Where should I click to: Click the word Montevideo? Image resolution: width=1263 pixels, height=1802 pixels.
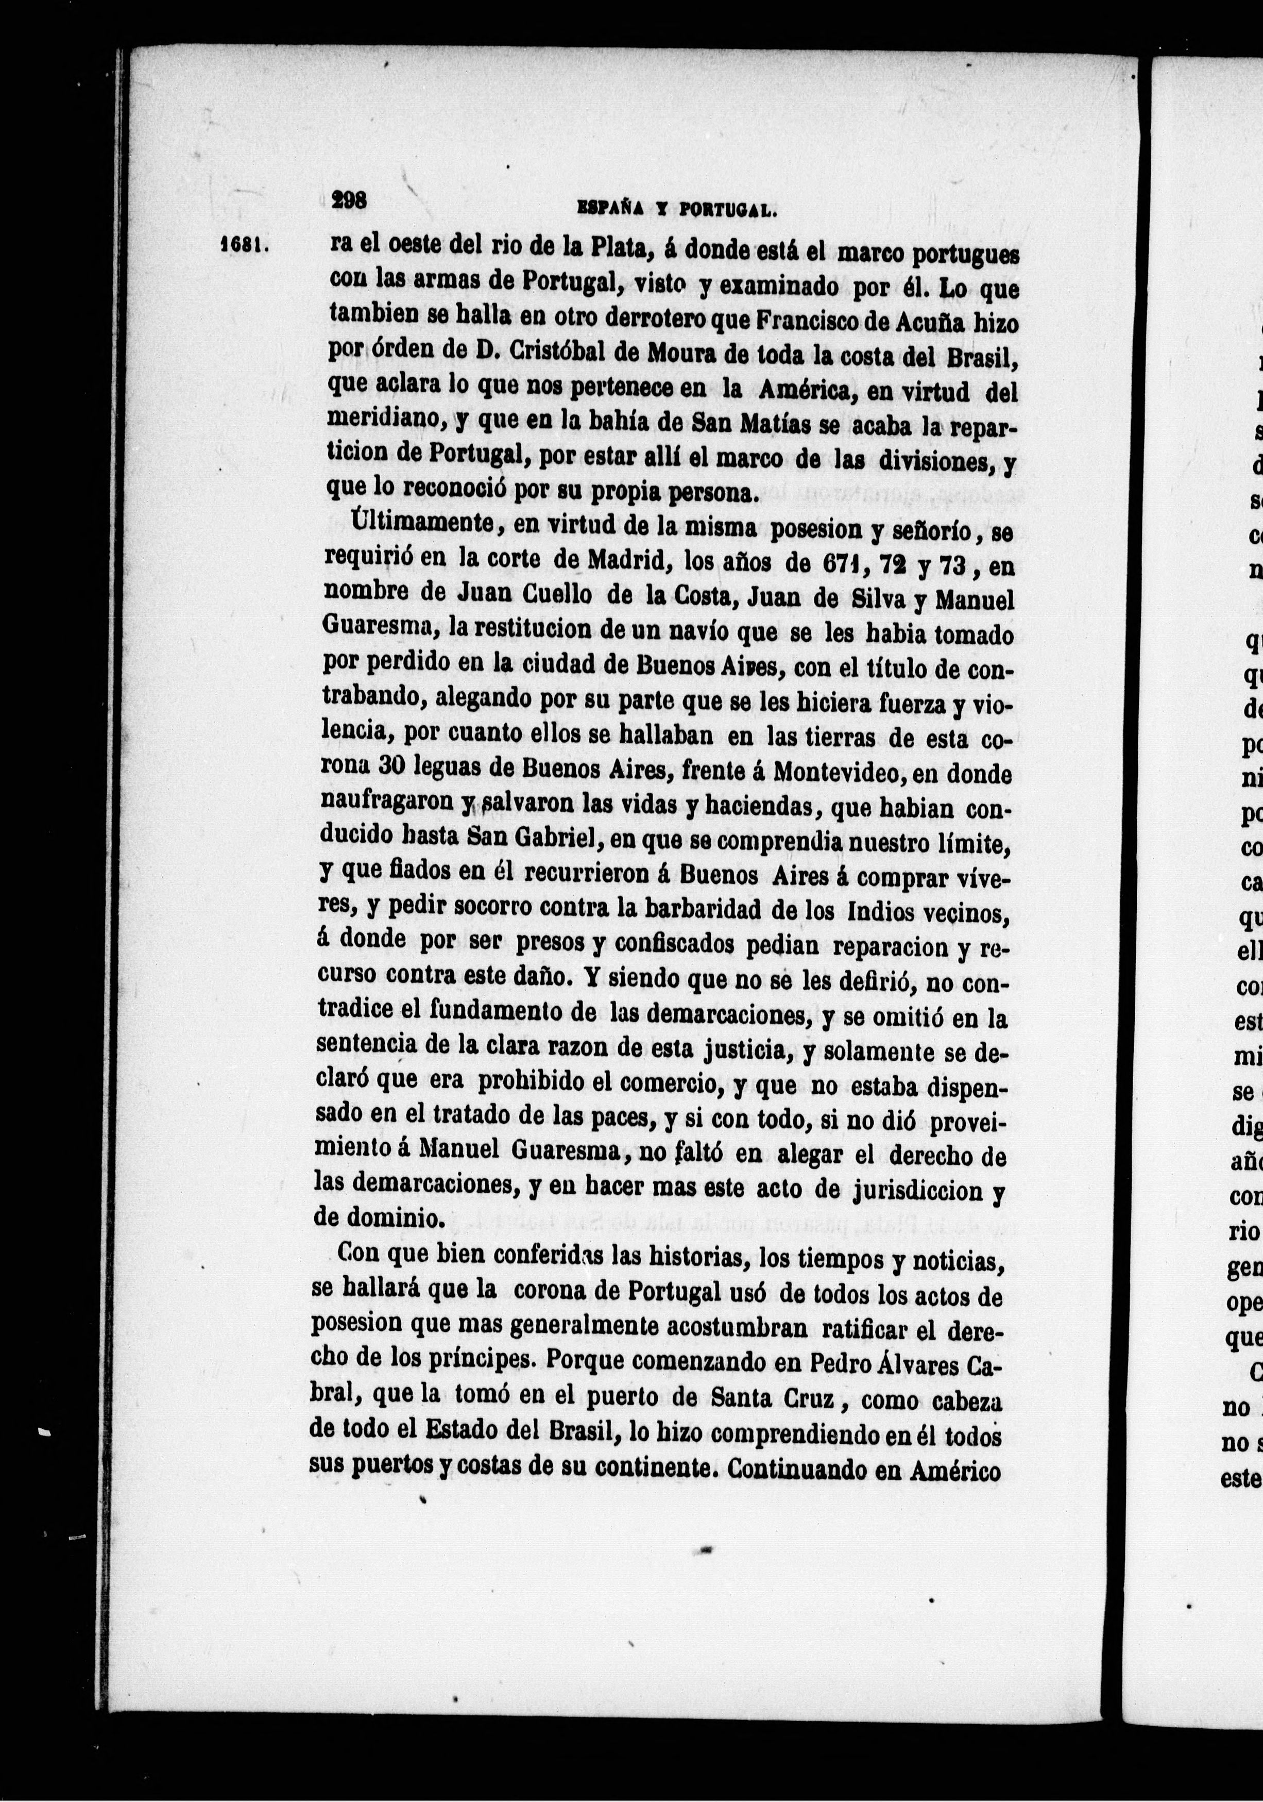840,772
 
